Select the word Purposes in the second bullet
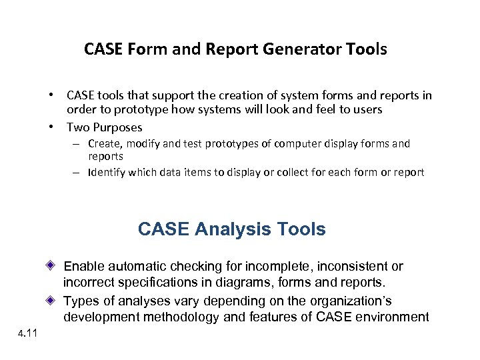(x=119, y=127)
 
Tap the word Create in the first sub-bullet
(x=104, y=143)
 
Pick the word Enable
(x=83, y=267)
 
